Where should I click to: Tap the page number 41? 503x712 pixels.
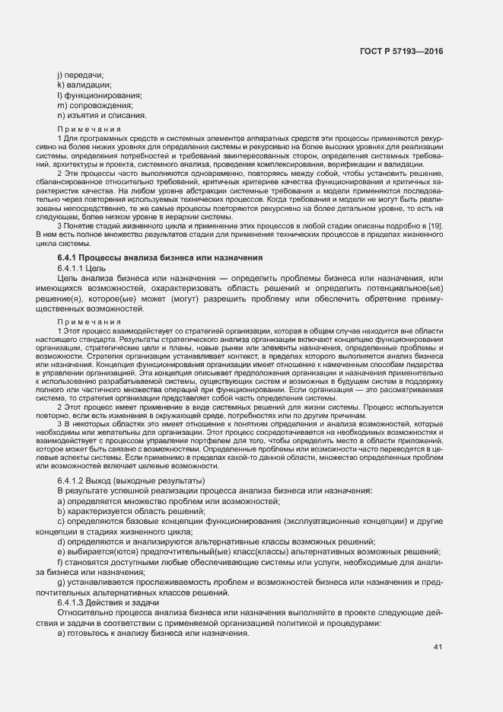(x=438, y=647)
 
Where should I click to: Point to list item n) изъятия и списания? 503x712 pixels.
(x=101, y=116)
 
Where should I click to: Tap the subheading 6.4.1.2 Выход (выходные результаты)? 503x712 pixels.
(x=120, y=482)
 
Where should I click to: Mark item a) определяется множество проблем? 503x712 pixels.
(x=169, y=500)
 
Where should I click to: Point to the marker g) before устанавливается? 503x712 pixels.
(x=62, y=583)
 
